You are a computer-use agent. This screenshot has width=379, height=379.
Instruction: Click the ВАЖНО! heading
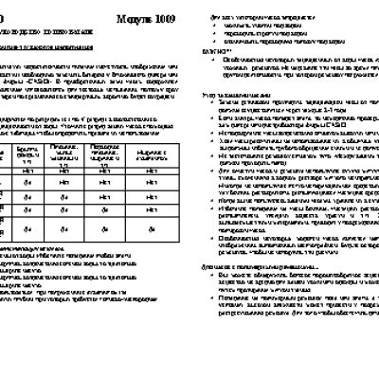point(202,47)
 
